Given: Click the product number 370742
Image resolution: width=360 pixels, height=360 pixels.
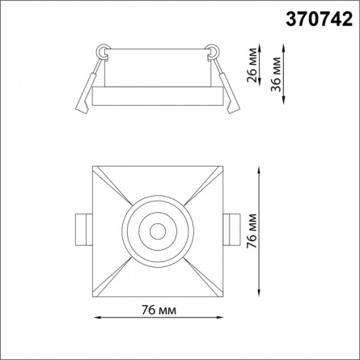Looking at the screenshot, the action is coord(319,19).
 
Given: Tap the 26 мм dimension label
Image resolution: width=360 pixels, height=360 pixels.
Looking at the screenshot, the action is coord(252,65).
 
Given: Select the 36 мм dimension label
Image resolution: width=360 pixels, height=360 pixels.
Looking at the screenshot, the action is coord(276,74).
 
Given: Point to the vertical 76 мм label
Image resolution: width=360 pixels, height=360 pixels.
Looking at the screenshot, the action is coord(252,231).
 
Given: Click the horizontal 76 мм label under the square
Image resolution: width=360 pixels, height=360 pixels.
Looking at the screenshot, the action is coord(159,311).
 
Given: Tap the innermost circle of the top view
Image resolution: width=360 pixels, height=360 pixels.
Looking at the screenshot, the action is coord(158,231).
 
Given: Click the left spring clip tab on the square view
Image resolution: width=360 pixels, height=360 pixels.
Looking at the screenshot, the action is coord(84,230).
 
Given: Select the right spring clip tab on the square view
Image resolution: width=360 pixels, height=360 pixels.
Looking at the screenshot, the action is coord(231,230).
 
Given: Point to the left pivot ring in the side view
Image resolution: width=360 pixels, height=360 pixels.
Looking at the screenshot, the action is coord(102,51).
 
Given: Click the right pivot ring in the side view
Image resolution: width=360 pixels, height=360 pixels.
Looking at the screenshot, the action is coord(213,51).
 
